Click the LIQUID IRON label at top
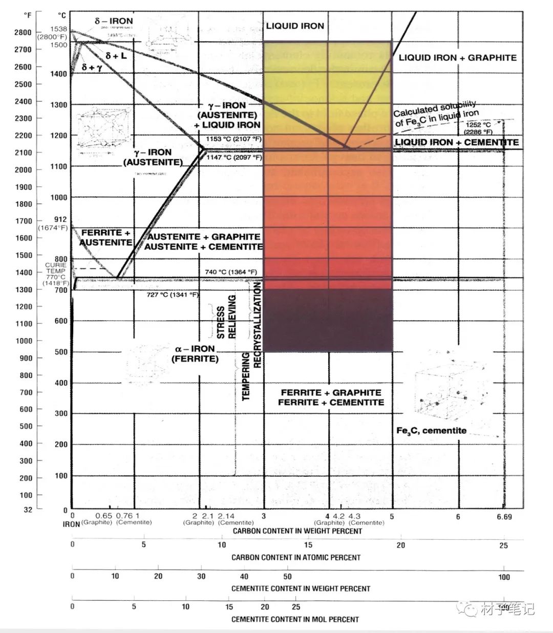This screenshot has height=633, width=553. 295,26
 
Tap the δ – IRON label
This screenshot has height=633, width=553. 114,22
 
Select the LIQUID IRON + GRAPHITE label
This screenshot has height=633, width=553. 457,58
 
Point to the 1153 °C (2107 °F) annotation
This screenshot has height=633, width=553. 233,139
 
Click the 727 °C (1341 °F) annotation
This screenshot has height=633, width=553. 173,295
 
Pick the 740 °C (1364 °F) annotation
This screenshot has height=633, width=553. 231,272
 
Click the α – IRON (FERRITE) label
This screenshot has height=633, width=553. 195,354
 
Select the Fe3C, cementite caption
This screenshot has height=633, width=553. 431,431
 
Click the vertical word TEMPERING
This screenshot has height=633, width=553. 246,376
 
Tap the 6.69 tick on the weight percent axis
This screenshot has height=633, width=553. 504,517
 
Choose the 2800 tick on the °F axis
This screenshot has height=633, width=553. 23,32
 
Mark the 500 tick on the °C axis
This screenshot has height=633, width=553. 61,352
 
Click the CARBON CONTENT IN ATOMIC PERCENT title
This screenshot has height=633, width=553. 296,557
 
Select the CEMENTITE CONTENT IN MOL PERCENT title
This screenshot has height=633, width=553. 295,619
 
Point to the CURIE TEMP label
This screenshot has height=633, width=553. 56,268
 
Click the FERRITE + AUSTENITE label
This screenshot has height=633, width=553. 106,237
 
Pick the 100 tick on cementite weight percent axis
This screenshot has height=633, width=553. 504,577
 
